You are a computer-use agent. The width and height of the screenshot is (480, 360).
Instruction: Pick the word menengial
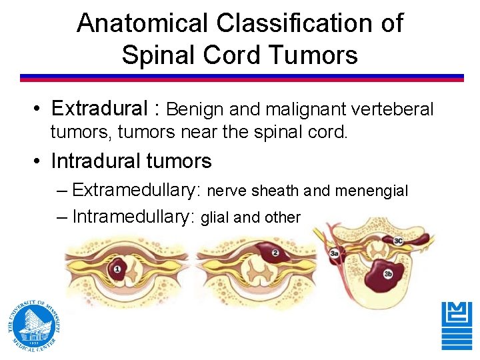pos(371,191)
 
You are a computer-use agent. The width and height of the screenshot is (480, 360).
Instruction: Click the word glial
pos(215,217)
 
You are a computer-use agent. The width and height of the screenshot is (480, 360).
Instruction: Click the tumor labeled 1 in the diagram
pos(118,269)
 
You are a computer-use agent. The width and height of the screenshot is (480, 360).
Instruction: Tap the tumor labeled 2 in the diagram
pos(273,253)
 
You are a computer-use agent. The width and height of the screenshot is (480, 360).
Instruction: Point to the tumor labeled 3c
pos(398,241)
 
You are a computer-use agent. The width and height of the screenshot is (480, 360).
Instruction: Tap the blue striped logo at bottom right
pos(457,325)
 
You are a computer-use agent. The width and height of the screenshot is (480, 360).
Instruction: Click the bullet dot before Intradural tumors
pos(41,162)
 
